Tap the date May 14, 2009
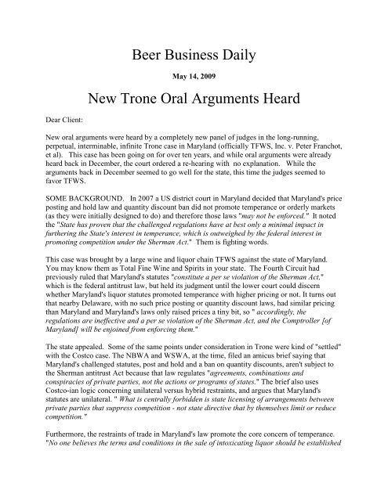pos(194,78)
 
